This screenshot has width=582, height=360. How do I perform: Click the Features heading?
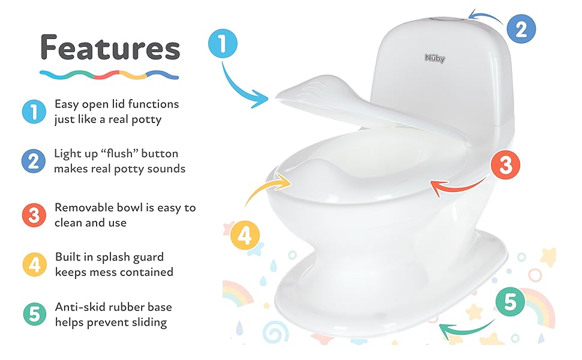pyautogui.click(x=110, y=48)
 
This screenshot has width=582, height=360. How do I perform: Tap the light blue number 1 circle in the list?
pyautogui.click(x=34, y=112)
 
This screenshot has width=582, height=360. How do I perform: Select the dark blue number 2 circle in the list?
pyautogui.click(x=34, y=161)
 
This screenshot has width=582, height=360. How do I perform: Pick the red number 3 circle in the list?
pyautogui.click(x=34, y=215)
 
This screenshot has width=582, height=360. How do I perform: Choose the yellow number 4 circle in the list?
pyautogui.click(x=34, y=265)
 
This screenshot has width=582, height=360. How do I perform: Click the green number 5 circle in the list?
pyautogui.click(x=34, y=314)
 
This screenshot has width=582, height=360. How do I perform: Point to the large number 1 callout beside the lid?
pyautogui.click(x=223, y=44)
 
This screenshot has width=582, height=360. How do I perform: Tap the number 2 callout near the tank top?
pyautogui.click(x=521, y=29)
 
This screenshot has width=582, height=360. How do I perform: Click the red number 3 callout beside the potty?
pyautogui.click(x=506, y=166)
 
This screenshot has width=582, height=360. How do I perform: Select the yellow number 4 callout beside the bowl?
pyautogui.click(x=244, y=236)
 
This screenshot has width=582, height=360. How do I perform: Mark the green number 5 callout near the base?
pyautogui.click(x=510, y=302)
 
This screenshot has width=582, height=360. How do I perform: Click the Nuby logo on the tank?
pyautogui.click(x=435, y=58)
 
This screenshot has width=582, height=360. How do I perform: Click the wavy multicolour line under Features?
pyautogui.click(x=109, y=75)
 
